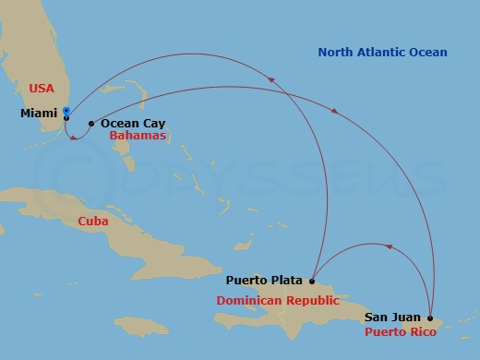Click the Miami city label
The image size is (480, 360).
(39, 114)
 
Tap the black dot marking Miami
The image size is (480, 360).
(66, 118)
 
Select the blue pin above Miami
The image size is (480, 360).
(66, 111)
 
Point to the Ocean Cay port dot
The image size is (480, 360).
(90, 124)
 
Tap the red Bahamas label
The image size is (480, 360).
(138, 136)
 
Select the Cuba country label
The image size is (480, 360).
(93, 222)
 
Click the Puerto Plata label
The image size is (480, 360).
(264, 280)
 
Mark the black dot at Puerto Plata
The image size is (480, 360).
(313, 281)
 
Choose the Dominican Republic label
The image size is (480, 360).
(278, 301)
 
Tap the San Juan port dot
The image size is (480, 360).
(430, 318)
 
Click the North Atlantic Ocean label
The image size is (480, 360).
(382, 53)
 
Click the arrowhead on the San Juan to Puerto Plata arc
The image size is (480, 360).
(389, 246)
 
